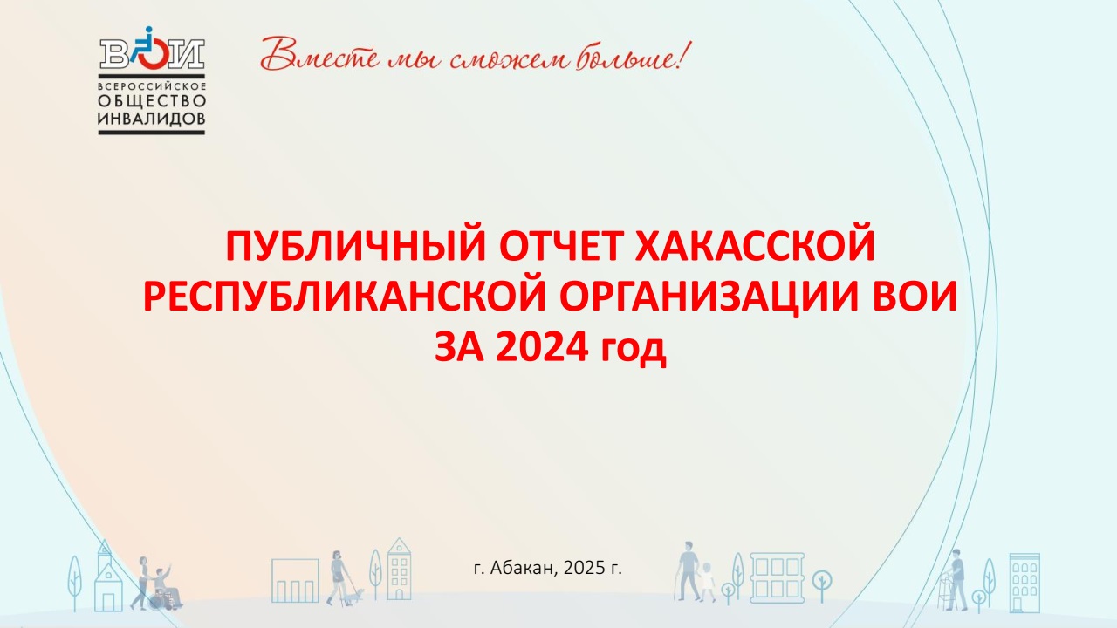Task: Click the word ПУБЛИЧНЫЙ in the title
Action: (355, 246)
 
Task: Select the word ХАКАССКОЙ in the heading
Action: (755, 246)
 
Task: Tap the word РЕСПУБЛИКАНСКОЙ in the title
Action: (345, 297)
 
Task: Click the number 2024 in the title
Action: (542, 347)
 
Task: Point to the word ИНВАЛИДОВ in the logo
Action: (152, 119)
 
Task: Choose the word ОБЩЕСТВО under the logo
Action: (152, 101)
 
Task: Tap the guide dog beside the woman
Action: (355, 595)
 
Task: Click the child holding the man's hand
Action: (707, 582)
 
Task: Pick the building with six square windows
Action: (777, 577)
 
